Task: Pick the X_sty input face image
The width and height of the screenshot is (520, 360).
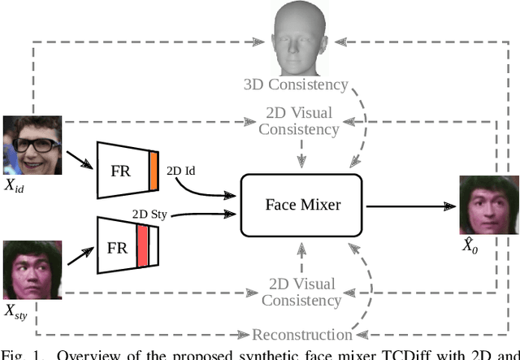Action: [x=32, y=269]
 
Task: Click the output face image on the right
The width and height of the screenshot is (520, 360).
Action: [x=487, y=206]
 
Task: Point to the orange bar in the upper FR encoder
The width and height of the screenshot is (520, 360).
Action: [x=153, y=170]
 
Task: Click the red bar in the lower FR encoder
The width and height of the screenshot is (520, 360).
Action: [x=143, y=245]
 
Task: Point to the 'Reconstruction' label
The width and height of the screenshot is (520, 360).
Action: [x=302, y=334]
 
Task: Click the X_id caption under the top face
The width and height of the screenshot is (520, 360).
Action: [x=15, y=186]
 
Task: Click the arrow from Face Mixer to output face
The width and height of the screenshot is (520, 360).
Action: [x=410, y=206]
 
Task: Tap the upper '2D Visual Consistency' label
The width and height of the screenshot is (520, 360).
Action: [x=303, y=119]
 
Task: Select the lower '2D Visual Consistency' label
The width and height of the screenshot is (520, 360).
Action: [x=302, y=293]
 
